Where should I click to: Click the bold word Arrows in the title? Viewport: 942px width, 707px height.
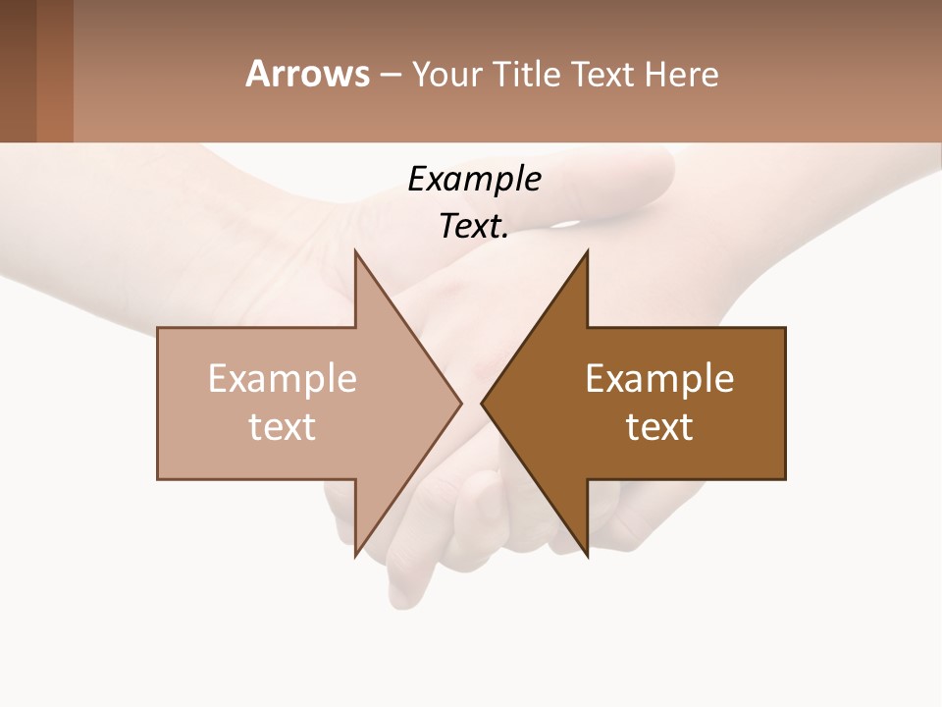pos(307,74)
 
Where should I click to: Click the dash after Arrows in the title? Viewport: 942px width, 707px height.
pos(390,75)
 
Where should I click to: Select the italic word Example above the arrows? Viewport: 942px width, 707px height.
pos(474,179)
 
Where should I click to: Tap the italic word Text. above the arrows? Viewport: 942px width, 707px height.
pos(474,226)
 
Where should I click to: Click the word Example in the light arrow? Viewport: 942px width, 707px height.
pos(283,379)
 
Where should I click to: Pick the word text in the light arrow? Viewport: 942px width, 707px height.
pos(283,427)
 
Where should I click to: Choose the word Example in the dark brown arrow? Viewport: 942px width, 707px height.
pos(659,379)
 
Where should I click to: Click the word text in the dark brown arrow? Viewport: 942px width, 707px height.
pos(659,427)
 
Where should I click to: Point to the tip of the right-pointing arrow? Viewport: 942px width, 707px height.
pos(461,403)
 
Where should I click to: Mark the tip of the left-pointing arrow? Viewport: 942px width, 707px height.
pos(482,403)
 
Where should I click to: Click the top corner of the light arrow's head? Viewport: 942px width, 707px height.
pos(355,251)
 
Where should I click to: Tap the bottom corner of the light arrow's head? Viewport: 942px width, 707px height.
pos(355,556)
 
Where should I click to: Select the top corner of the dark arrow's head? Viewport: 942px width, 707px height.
pos(587,251)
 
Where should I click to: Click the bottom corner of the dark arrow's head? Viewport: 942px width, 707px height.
pos(587,556)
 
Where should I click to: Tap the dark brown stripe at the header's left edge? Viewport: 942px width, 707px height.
pos(18,71)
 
